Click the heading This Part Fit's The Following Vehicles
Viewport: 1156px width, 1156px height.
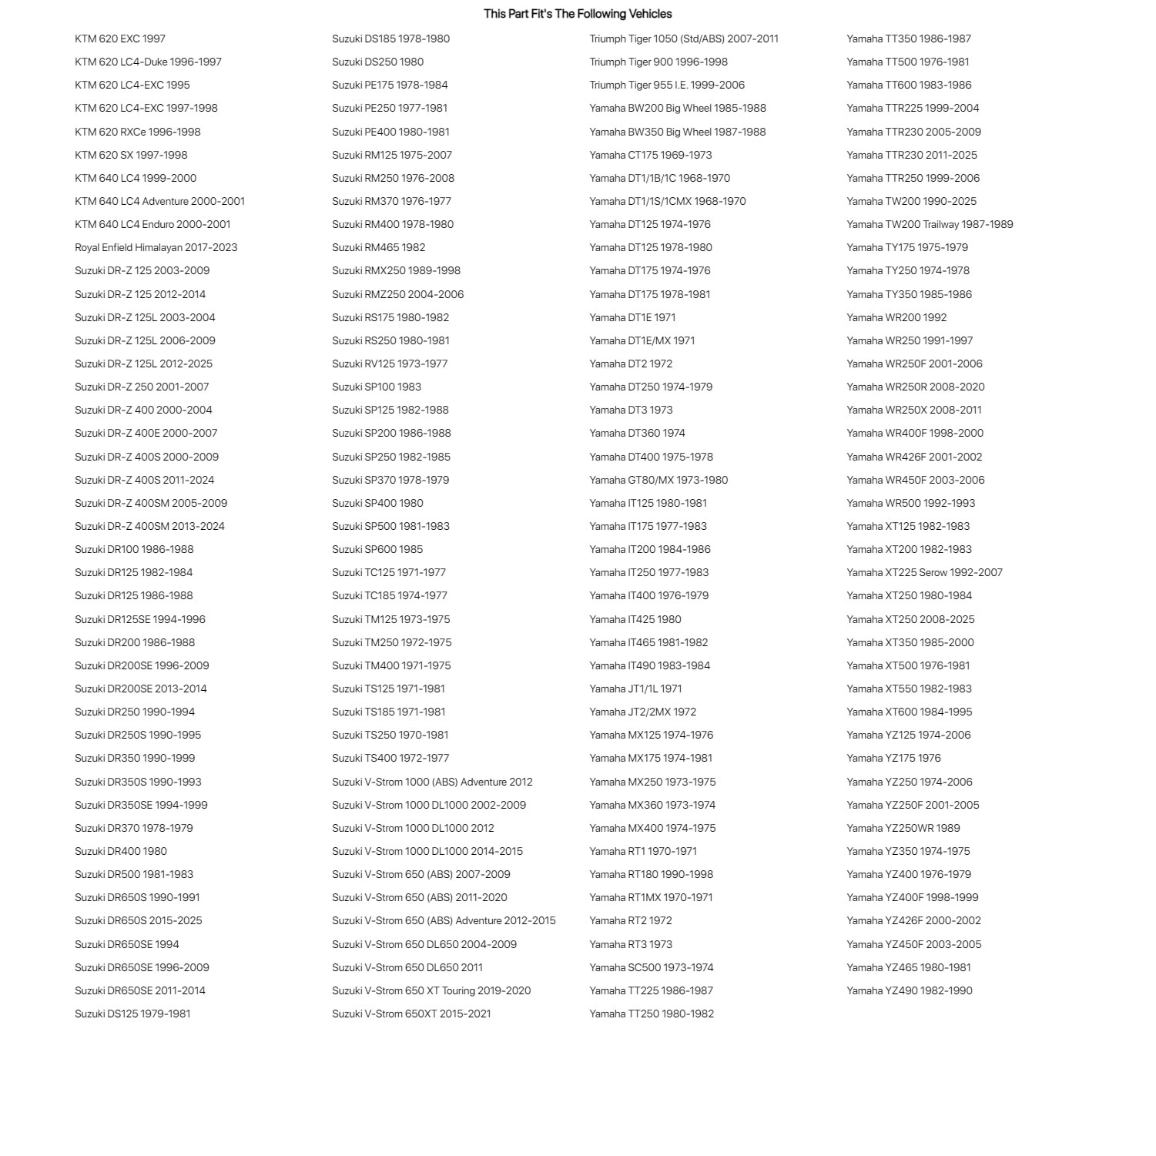point(578,14)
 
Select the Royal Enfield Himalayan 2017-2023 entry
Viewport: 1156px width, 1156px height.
point(156,247)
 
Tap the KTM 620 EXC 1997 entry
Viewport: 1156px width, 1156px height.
point(120,39)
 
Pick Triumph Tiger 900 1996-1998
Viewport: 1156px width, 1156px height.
point(658,62)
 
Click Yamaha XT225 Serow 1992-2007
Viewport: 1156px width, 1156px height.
point(924,572)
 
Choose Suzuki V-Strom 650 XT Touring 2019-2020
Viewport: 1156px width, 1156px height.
point(431,990)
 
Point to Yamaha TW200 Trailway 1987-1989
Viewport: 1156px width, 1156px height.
point(930,224)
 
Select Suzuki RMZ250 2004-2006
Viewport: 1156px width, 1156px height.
point(397,294)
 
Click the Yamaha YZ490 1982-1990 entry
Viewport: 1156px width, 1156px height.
point(909,990)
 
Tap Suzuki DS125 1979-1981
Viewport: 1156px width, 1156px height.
point(132,1014)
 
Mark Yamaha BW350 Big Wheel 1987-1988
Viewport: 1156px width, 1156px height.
point(678,132)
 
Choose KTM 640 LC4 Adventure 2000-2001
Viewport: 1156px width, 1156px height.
point(159,201)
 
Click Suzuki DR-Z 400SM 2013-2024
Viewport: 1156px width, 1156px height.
point(149,526)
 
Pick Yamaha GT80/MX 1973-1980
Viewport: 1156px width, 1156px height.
point(658,480)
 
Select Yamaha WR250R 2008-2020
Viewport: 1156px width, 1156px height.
point(915,387)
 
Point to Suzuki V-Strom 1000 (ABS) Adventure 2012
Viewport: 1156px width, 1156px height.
point(432,782)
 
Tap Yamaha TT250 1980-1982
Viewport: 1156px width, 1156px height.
point(652,1014)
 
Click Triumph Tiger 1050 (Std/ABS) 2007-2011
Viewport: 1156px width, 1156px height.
point(684,39)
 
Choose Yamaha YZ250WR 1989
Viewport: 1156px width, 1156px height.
point(903,828)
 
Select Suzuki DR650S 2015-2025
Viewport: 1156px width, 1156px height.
point(138,920)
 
